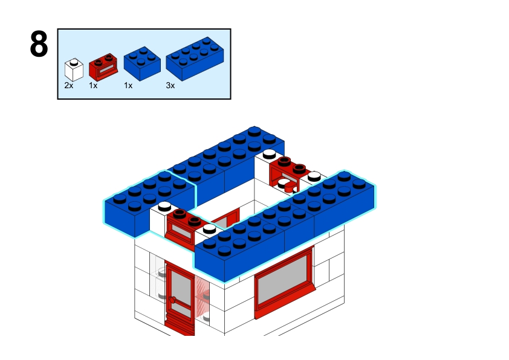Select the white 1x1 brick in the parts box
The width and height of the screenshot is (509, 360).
[x=74, y=69]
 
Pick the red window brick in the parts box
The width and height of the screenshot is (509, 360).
[x=103, y=67]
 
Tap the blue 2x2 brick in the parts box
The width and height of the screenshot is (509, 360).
[x=142, y=63]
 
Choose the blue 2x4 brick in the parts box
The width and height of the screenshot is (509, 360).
[x=195, y=59]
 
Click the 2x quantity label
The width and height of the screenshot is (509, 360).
[x=69, y=85]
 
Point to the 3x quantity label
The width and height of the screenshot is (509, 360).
[x=170, y=85]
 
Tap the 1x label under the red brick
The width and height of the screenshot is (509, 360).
[x=93, y=85]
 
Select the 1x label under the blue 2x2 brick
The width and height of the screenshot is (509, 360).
[x=128, y=85]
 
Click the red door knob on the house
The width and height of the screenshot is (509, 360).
[x=172, y=300]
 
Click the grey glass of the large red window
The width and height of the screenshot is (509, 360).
[x=282, y=275]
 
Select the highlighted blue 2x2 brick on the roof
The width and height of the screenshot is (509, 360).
[x=150, y=203]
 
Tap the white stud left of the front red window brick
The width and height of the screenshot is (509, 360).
[x=164, y=205]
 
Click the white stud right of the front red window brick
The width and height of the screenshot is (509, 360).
[x=209, y=228]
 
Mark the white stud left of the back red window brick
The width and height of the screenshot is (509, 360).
[x=269, y=153]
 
